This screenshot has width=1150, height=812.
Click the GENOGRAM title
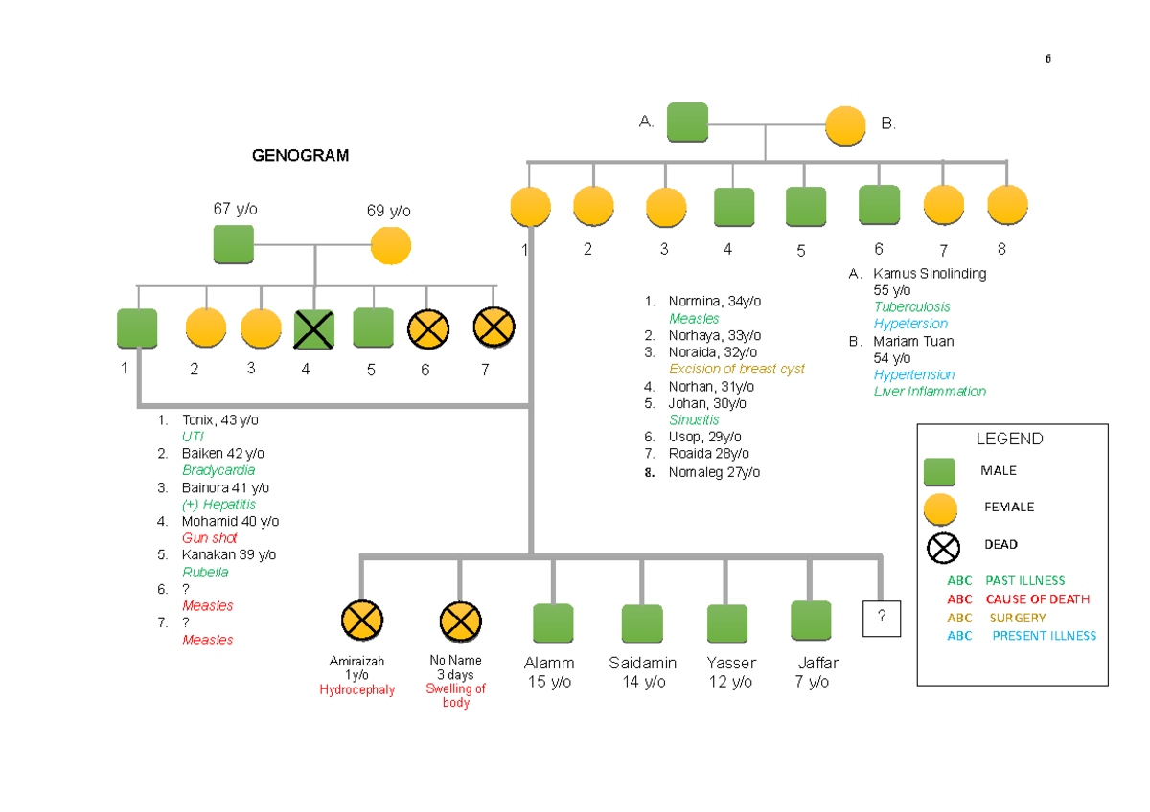301,155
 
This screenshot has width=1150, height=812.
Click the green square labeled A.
687,122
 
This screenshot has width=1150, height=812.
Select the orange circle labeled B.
845,125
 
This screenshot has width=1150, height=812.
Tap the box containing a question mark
882,619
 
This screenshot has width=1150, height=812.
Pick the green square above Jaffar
810,620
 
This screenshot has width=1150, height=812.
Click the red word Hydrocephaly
356,690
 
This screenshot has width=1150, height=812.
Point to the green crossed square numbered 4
313,328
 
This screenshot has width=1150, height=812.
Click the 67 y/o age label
235,209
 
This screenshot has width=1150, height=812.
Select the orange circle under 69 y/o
390,246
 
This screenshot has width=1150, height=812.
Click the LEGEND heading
1009,440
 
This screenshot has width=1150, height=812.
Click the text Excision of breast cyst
736,369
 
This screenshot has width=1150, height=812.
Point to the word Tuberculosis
911,307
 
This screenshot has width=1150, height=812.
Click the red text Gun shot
209,538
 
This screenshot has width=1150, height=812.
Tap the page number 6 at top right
1047,59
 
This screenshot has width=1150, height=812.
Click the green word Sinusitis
694,419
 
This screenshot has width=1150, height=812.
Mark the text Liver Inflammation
929,392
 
